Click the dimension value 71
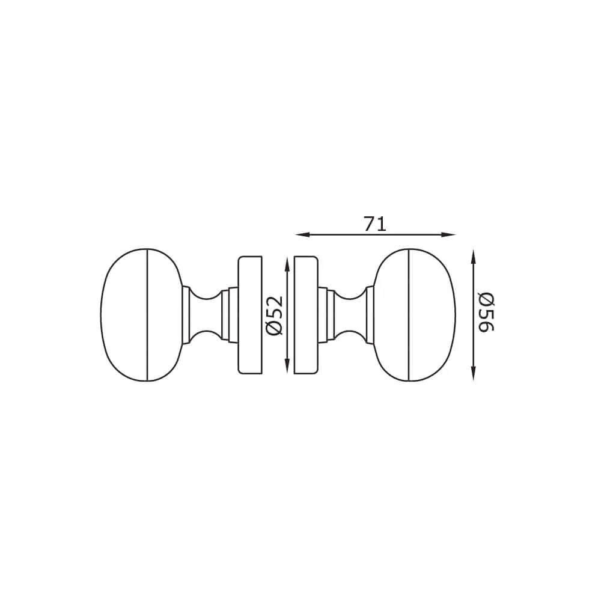(375, 224)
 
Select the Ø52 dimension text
(275, 316)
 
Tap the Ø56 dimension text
(486, 312)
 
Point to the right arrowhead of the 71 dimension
(448, 234)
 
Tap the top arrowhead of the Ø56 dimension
(474, 257)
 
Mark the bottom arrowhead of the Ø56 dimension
(474, 374)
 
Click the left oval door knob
(141, 315)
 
